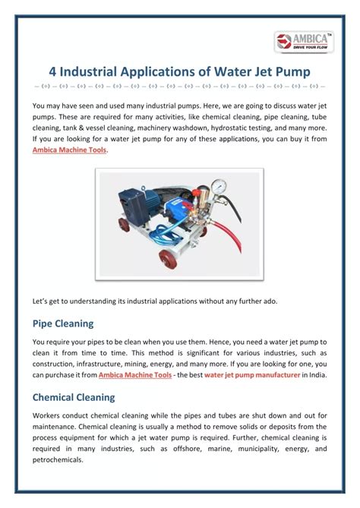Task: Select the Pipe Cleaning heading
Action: coord(63,323)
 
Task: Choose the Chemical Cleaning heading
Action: coord(74,396)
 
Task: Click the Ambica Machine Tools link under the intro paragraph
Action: coord(70,150)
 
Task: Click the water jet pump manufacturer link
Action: coord(251,375)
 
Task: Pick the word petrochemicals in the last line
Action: coord(64,461)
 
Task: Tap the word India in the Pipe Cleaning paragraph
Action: coord(317,375)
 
